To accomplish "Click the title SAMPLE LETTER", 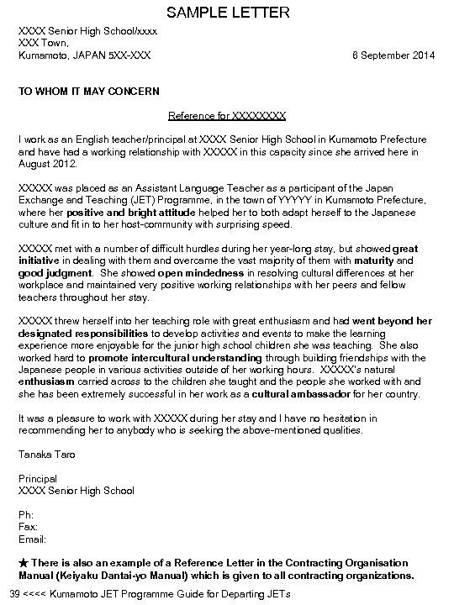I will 228,13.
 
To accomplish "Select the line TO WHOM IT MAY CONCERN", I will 89,91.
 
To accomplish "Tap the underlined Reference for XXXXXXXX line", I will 227,115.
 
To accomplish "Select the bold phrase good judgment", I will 55,273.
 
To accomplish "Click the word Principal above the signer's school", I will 37,478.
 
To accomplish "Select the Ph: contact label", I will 25,514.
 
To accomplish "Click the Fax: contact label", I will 27,526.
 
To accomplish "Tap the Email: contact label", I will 32,539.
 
